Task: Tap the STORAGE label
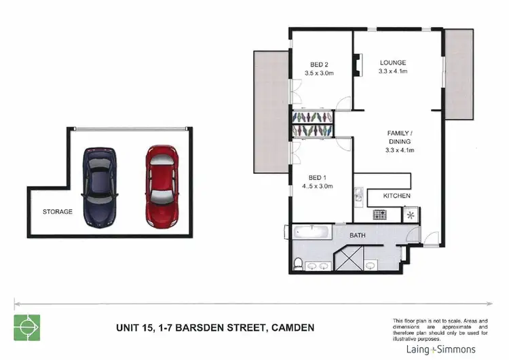click(57, 212)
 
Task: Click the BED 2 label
click(313, 64)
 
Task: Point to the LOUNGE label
click(392, 62)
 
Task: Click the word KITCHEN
click(397, 196)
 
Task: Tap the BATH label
click(357, 236)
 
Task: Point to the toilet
click(299, 263)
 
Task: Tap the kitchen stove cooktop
click(381, 215)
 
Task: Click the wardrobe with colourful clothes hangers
click(312, 124)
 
